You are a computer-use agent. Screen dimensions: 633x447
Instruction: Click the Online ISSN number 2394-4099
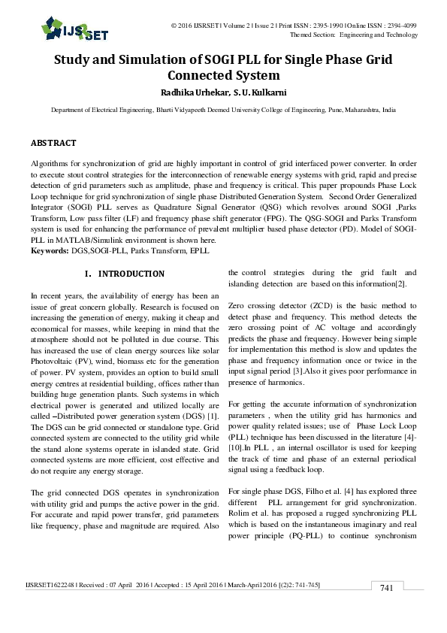400,26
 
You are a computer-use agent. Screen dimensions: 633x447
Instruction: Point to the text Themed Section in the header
312,35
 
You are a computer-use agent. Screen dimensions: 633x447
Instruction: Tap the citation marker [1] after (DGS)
213,416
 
